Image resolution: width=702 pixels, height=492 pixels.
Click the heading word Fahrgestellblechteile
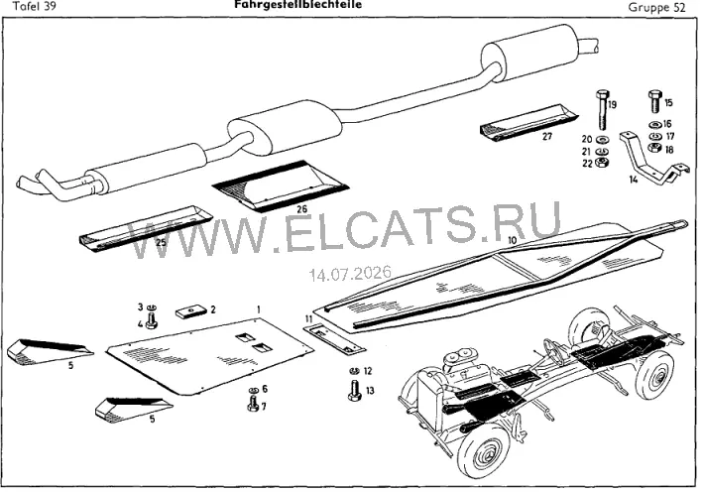coord(297,5)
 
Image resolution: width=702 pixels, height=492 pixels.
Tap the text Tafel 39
coord(36,7)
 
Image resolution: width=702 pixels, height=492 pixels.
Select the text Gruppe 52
coord(656,8)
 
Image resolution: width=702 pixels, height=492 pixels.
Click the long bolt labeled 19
coord(602,110)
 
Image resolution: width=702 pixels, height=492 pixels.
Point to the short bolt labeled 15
coord(654,102)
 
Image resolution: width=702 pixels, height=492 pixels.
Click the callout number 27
coord(547,136)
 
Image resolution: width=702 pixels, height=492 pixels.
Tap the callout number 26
coord(301,209)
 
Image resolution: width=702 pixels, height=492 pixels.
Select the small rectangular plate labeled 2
coord(190,311)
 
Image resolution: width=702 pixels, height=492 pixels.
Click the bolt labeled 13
coord(354,390)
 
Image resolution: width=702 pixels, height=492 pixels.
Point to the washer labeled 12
coord(354,371)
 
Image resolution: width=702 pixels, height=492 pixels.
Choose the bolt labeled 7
coord(253,403)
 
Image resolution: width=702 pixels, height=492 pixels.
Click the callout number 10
coord(513,240)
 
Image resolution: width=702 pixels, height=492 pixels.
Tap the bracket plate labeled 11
coord(334,339)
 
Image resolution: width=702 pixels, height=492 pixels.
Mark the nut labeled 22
coord(602,163)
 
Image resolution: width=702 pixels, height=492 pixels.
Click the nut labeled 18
coord(654,148)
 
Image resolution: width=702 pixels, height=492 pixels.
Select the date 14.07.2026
coord(350,273)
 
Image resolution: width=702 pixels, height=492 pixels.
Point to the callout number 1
coord(259,309)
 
